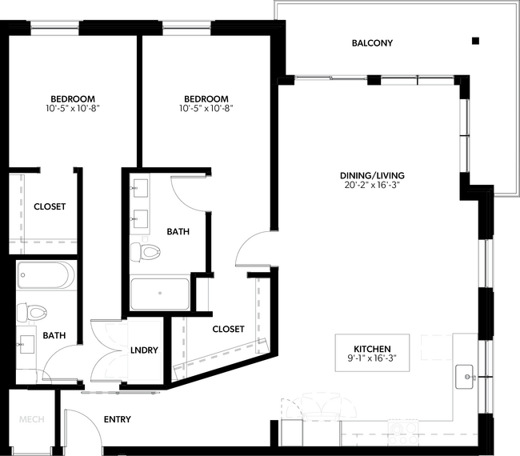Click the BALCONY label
372,43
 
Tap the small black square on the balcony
475,41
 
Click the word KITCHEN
372,349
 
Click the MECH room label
31,420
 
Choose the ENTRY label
117,419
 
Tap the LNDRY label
145,350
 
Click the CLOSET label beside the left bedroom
50,206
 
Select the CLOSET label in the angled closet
228,329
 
